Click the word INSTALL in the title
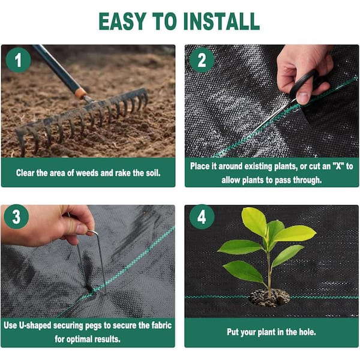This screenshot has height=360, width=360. [221, 21]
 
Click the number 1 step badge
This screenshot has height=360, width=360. [19, 60]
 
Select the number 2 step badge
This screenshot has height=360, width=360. [202, 60]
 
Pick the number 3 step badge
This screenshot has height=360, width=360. [17, 217]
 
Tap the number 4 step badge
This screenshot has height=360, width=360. [202, 217]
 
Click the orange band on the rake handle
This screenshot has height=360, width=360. [80, 93]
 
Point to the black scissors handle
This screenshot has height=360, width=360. [303, 83]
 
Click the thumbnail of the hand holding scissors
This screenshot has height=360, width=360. [272, 101]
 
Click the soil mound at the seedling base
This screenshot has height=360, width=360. [269, 298]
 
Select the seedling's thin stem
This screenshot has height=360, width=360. [269, 271]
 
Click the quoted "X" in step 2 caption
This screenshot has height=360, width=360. [338, 166]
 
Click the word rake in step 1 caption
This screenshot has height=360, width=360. [123, 173]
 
